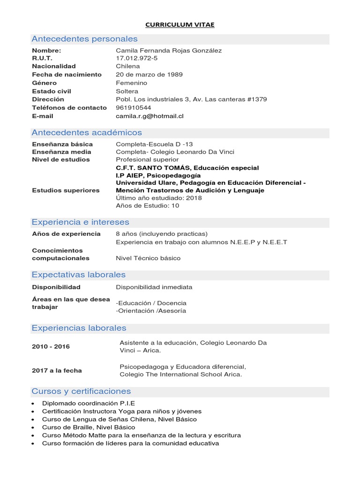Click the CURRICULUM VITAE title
(x=180, y=25)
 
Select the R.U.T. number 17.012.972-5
(x=137, y=58)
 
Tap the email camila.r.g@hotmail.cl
(x=150, y=116)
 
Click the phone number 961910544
(x=134, y=107)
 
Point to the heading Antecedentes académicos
(x=87, y=133)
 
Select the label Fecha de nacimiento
(x=67, y=75)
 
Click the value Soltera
(x=127, y=91)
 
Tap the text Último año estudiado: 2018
(x=159, y=198)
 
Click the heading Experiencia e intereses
(x=80, y=222)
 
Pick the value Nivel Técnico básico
(x=148, y=258)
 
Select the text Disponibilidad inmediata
(x=154, y=287)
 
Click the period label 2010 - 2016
(x=51, y=346)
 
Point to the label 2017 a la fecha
(x=57, y=370)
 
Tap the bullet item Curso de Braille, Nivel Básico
(x=89, y=427)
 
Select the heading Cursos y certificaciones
(x=81, y=391)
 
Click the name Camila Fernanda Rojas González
(x=169, y=50)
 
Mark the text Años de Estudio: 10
(x=147, y=205)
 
